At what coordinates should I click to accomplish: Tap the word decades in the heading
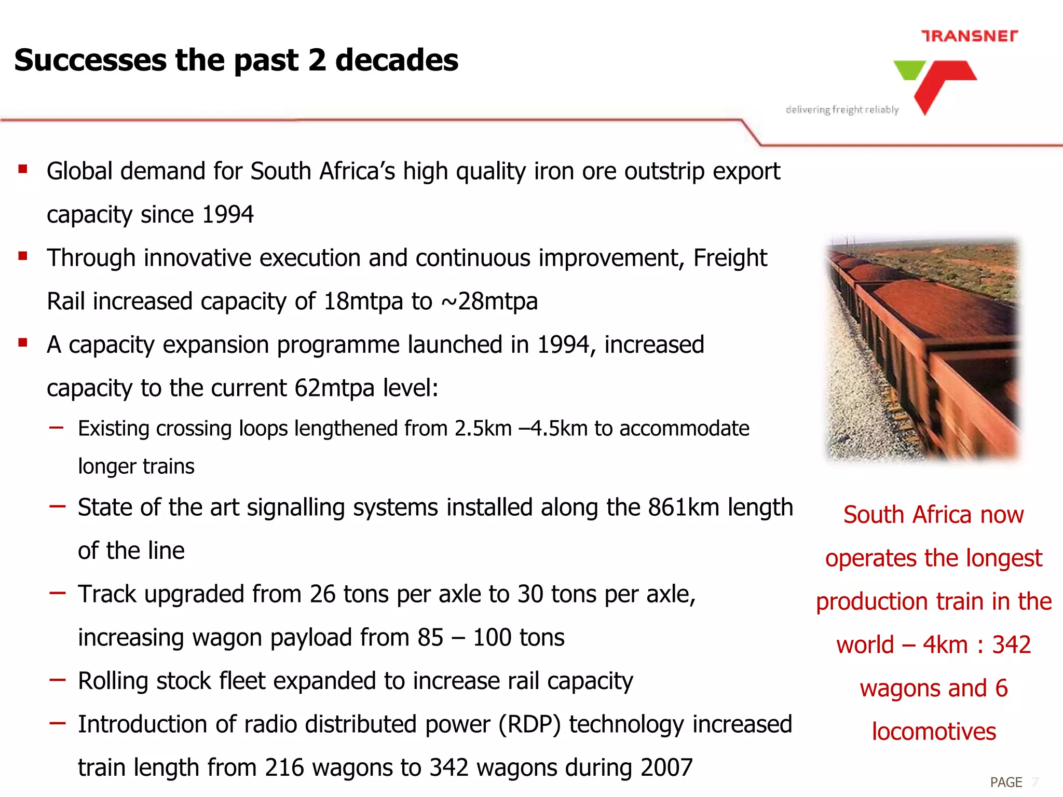click(x=397, y=60)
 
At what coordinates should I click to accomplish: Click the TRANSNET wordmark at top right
click(x=969, y=36)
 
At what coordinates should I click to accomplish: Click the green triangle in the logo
click(x=909, y=69)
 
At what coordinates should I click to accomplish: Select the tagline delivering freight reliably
click(x=842, y=109)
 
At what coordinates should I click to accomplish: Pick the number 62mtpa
click(x=334, y=388)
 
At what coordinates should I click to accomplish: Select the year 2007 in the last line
click(x=666, y=767)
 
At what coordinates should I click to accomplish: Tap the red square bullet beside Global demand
click(x=22, y=169)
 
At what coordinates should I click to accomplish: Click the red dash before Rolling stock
click(x=57, y=679)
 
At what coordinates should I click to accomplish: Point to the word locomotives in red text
click(x=933, y=732)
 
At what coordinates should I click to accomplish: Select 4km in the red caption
click(x=945, y=645)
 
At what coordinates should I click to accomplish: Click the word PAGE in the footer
click(x=1005, y=782)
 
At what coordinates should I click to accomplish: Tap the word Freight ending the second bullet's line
click(x=730, y=258)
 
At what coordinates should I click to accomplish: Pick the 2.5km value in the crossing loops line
click(x=483, y=429)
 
